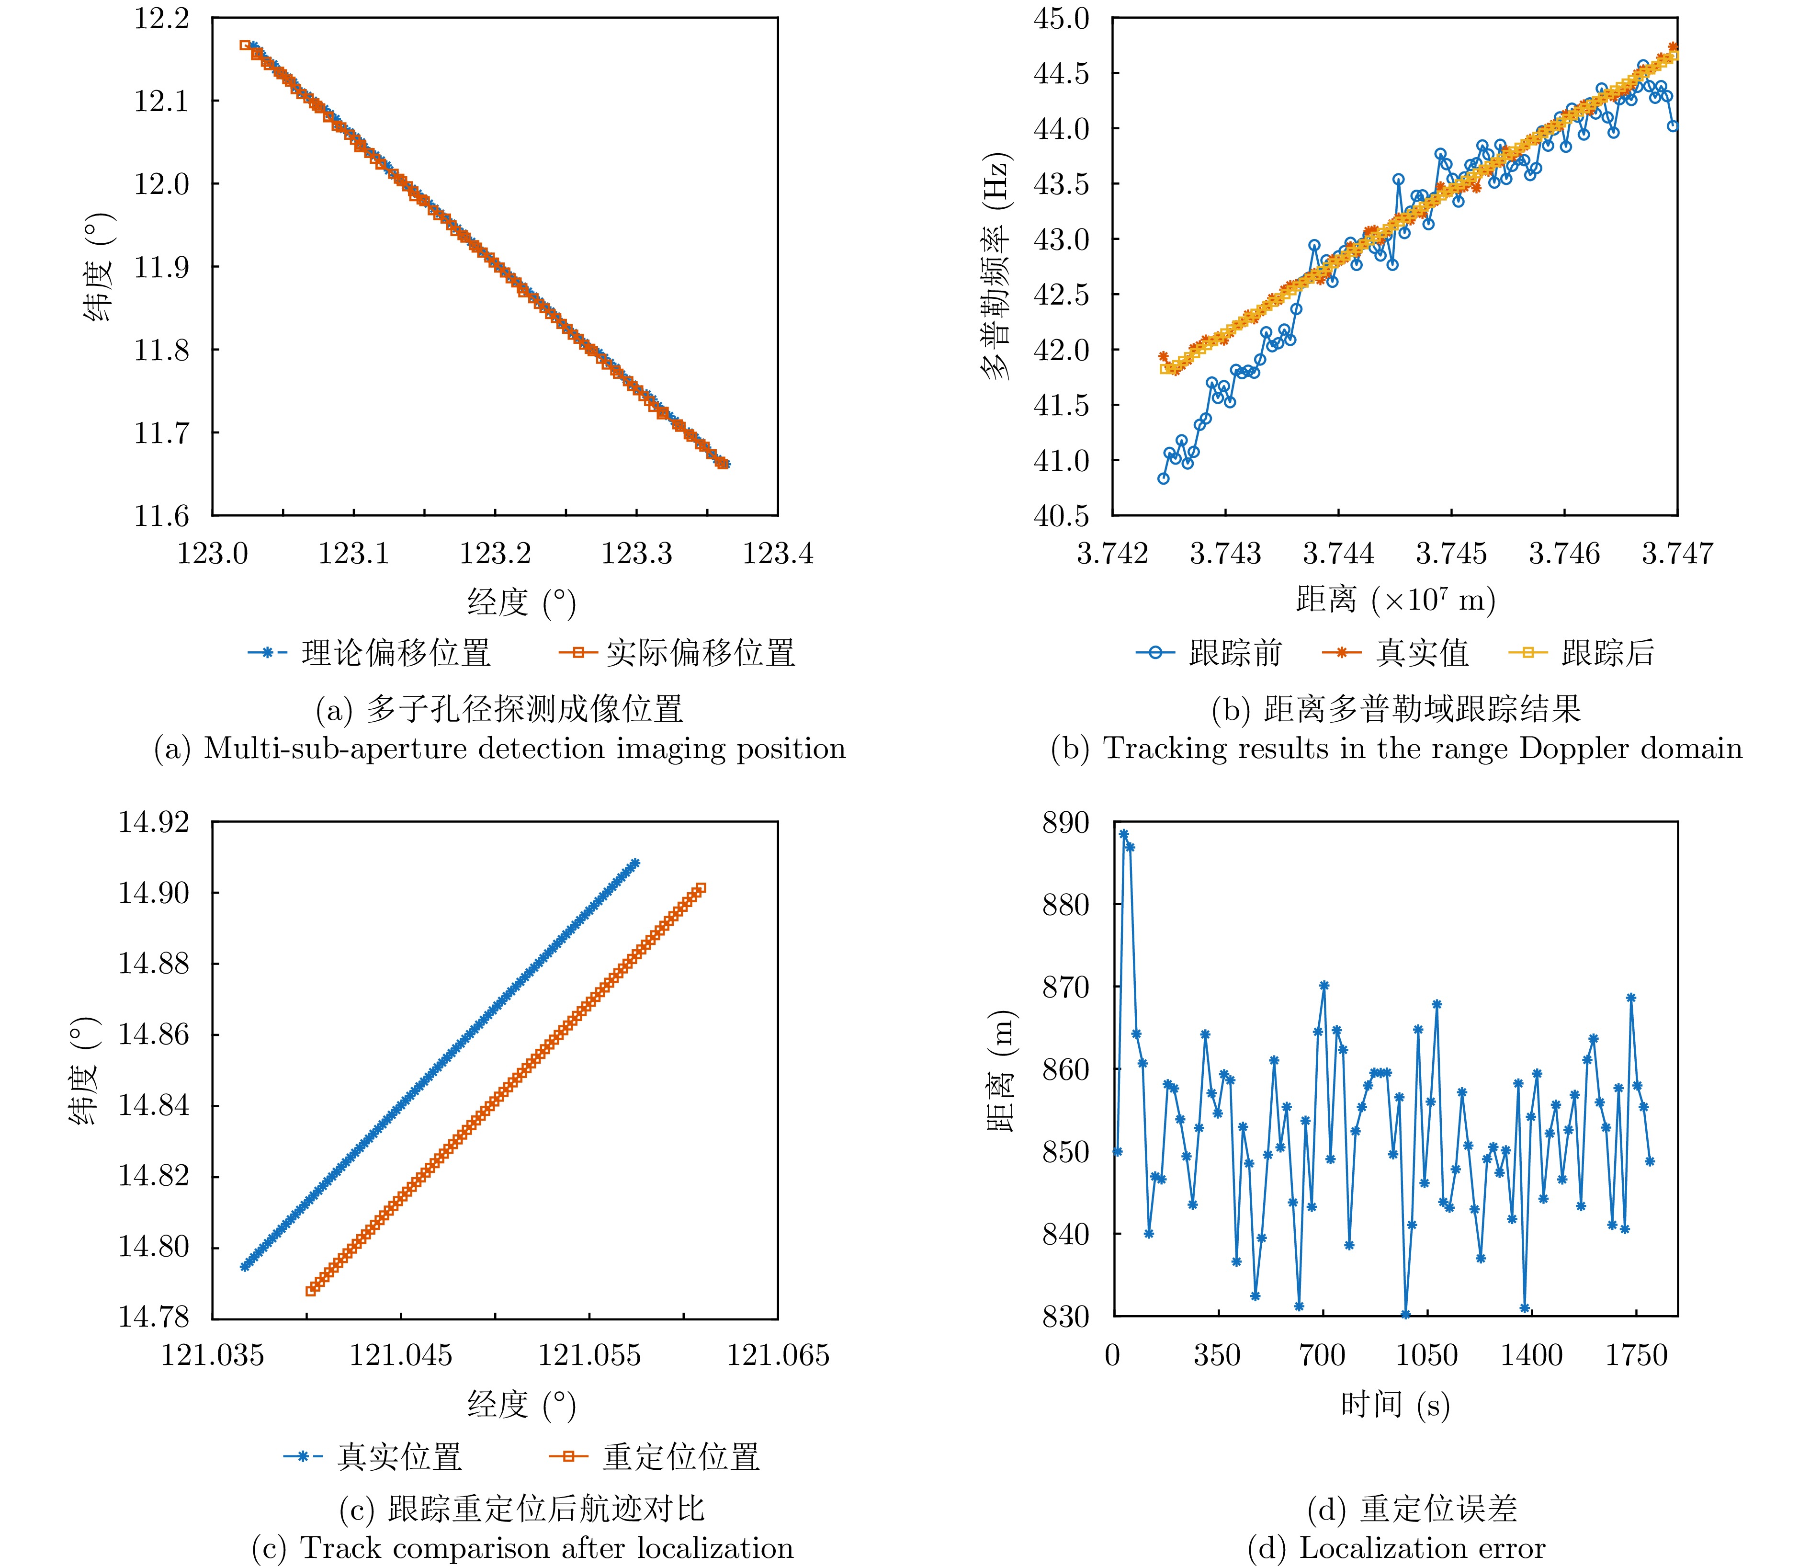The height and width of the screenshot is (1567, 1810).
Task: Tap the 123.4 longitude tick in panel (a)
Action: [x=777, y=554]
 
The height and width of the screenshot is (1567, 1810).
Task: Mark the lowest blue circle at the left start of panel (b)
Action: [x=1163, y=478]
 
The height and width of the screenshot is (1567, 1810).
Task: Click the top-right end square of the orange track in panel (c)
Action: [x=701, y=888]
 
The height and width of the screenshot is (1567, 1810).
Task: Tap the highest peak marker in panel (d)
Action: [x=1124, y=833]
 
